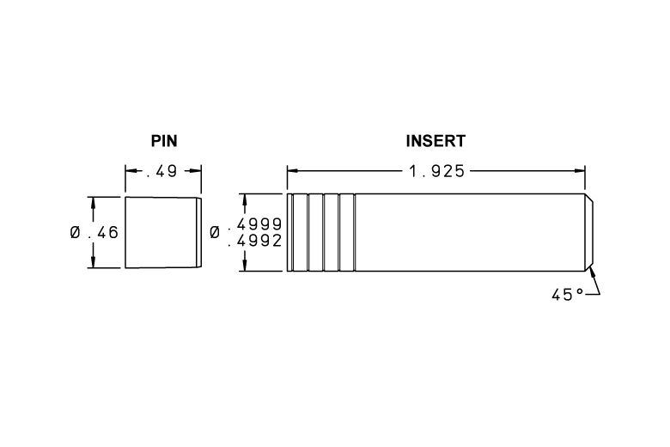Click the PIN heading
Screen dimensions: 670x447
164,141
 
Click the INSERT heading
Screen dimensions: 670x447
435,141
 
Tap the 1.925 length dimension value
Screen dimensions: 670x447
436,172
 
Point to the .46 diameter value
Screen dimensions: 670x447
103,233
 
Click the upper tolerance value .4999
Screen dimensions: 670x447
255,224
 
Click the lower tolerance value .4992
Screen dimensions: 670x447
255,241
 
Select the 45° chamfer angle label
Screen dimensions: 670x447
568,295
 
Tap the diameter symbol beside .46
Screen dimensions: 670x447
76,233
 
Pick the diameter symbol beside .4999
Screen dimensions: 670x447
215,233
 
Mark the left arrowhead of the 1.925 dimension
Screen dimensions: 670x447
293,171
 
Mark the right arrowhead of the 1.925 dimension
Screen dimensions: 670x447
580,171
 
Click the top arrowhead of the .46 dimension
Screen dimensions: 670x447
93,203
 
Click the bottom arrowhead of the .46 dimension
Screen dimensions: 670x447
93,263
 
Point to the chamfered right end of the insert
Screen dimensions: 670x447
589,232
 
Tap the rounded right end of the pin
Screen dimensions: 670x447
199,233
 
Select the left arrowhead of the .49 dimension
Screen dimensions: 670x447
131,171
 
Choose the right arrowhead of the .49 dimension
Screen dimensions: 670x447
196,171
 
